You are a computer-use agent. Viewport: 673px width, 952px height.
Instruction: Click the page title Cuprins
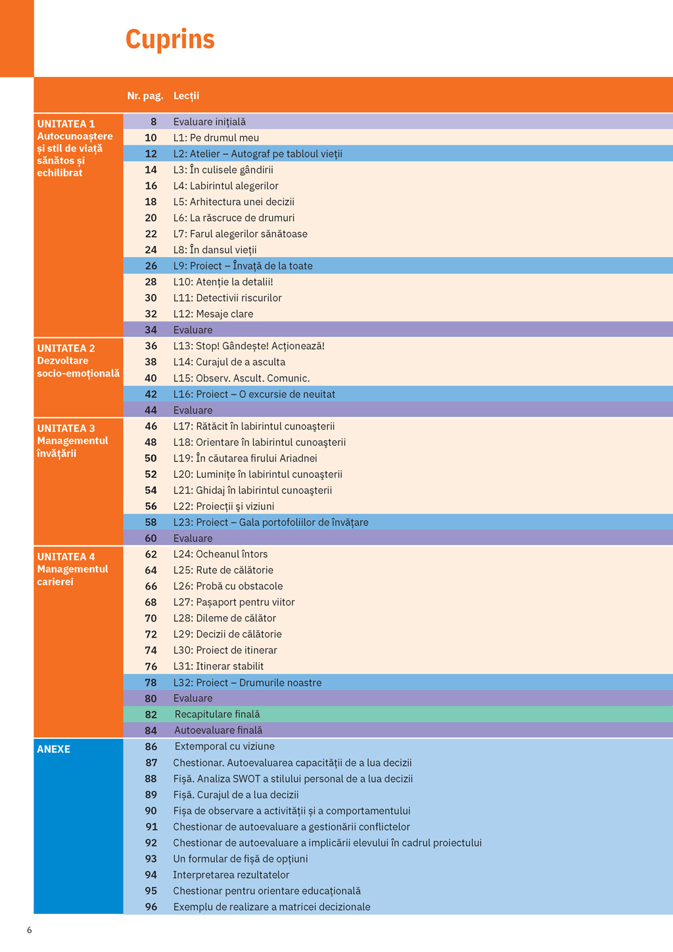click(x=170, y=39)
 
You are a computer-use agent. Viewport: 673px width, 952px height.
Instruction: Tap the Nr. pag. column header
click(x=145, y=96)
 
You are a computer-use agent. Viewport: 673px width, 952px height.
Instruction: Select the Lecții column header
click(x=186, y=96)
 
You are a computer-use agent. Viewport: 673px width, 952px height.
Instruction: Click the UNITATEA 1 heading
click(x=66, y=124)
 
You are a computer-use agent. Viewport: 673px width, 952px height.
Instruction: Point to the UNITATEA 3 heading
click(x=66, y=428)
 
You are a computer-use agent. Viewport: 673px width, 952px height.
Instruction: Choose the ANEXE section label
click(x=53, y=749)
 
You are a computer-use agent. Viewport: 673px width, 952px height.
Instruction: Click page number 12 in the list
click(x=151, y=154)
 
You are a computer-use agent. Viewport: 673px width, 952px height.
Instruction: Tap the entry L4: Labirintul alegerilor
click(x=225, y=186)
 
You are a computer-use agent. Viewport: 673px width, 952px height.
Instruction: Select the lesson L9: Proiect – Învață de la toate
click(x=243, y=266)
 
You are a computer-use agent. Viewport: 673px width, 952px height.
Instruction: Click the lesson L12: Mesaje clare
click(x=213, y=314)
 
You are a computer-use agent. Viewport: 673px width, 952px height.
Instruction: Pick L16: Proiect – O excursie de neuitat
click(x=254, y=394)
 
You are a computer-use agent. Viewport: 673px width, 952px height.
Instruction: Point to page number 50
click(x=151, y=458)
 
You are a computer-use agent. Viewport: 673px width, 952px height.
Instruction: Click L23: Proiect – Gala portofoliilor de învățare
click(x=270, y=522)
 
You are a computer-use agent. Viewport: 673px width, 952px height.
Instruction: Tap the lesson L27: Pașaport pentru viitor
click(x=233, y=602)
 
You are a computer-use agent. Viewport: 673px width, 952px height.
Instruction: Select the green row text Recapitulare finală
click(x=217, y=714)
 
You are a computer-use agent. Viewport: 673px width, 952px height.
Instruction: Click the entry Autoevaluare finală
click(x=218, y=730)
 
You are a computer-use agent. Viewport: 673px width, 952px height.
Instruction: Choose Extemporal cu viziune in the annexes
click(x=224, y=746)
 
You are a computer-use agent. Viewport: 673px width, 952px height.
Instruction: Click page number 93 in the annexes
click(x=151, y=859)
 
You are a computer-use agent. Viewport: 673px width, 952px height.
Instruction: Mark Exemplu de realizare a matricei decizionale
click(x=271, y=907)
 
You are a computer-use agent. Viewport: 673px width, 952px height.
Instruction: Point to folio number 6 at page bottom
click(x=29, y=930)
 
